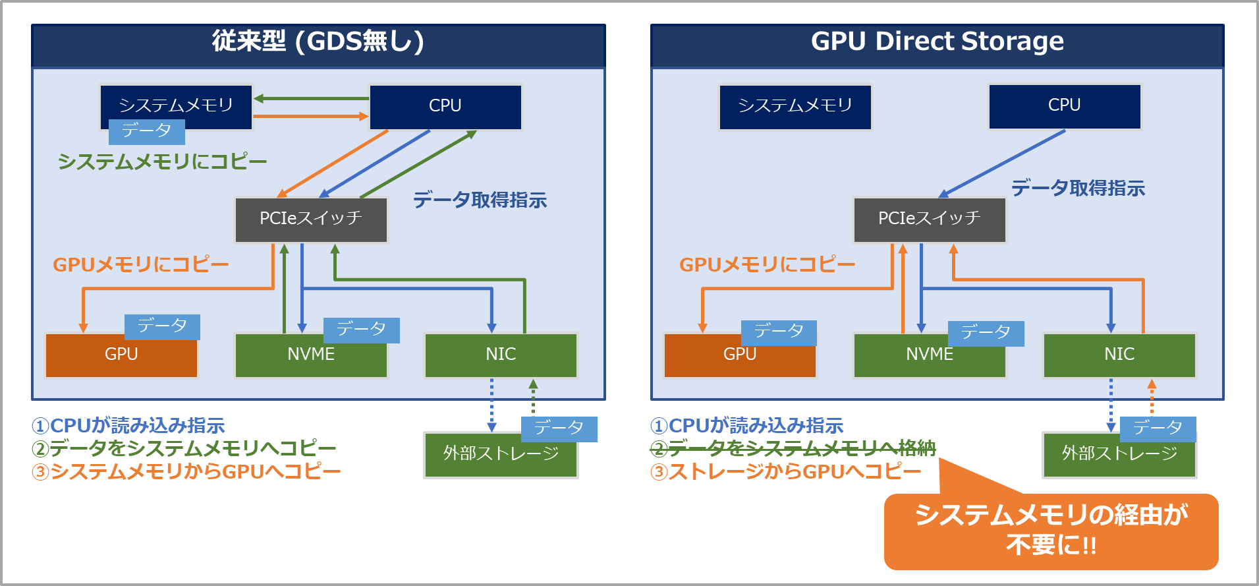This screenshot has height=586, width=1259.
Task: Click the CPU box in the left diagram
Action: tap(445, 106)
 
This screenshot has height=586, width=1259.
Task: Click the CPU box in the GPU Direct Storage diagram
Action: tap(1064, 105)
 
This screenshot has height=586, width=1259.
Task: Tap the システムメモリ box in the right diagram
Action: tap(795, 106)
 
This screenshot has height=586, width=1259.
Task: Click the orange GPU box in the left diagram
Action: tap(121, 356)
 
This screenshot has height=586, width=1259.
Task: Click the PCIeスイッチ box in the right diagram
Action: tap(929, 219)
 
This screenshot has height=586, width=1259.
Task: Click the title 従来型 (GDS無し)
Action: tap(318, 42)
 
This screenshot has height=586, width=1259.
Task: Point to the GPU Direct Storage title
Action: tap(937, 42)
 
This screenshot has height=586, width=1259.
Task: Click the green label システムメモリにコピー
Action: tap(162, 161)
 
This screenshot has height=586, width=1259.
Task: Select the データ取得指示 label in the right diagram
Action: tap(1078, 189)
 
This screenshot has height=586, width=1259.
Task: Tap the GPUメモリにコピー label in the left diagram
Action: tap(140, 265)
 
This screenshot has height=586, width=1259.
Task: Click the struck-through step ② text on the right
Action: tap(793, 448)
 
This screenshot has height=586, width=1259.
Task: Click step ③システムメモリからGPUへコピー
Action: tap(186, 472)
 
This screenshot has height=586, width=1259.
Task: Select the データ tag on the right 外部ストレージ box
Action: tap(1158, 428)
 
